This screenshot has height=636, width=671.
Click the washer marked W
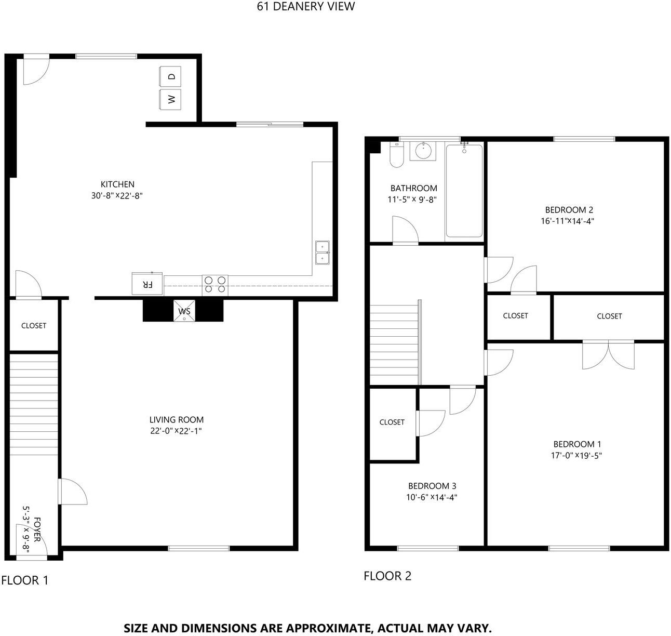[x=170, y=99]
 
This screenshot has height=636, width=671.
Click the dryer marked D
[x=170, y=77]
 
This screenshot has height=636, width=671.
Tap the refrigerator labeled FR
[x=147, y=284]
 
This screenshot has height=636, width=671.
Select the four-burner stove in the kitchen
[x=215, y=285]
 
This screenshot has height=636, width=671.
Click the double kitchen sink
[x=323, y=253]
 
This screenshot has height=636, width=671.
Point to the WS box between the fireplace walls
[x=184, y=311]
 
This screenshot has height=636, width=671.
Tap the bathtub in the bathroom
[x=464, y=191]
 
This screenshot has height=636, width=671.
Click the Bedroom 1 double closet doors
[x=608, y=353]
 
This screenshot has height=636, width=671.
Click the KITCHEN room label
[x=117, y=184]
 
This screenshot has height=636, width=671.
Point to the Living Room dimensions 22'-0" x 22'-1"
[x=176, y=431]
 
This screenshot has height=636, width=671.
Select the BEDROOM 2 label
[x=569, y=210]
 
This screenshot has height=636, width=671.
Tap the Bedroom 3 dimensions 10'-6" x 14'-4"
[x=432, y=497]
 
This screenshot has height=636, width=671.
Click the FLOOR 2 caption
[x=387, y=576]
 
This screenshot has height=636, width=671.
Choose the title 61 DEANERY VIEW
[x=306, y=6]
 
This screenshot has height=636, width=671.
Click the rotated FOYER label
[x=37, y=529]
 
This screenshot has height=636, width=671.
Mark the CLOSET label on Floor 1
[x=34, y=326]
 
